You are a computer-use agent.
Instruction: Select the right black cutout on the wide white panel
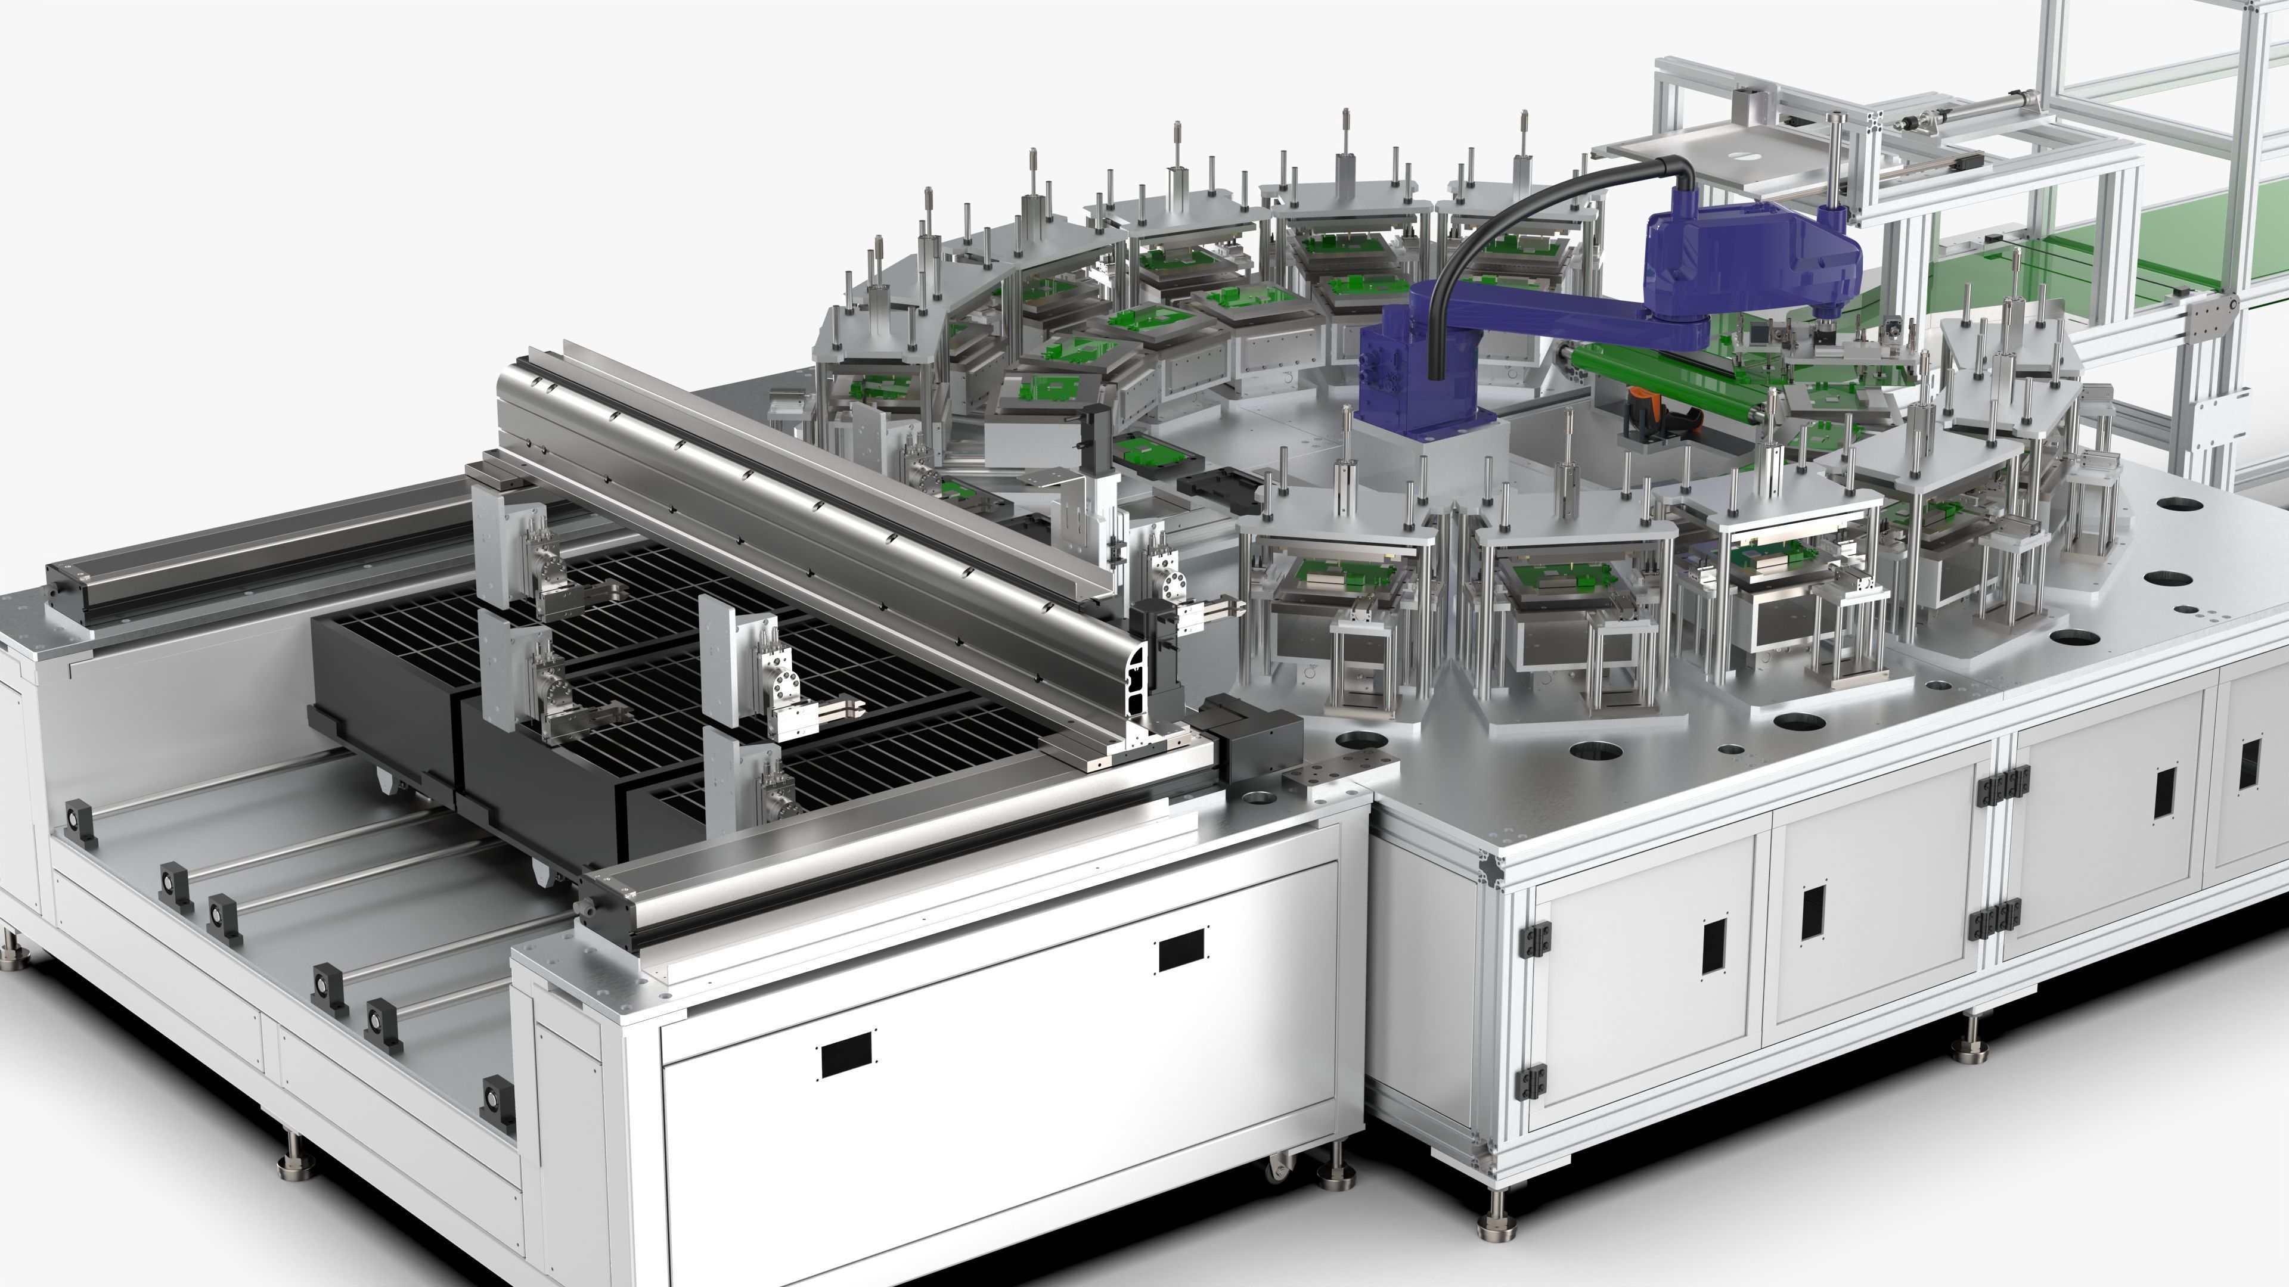click(1182, 950)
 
